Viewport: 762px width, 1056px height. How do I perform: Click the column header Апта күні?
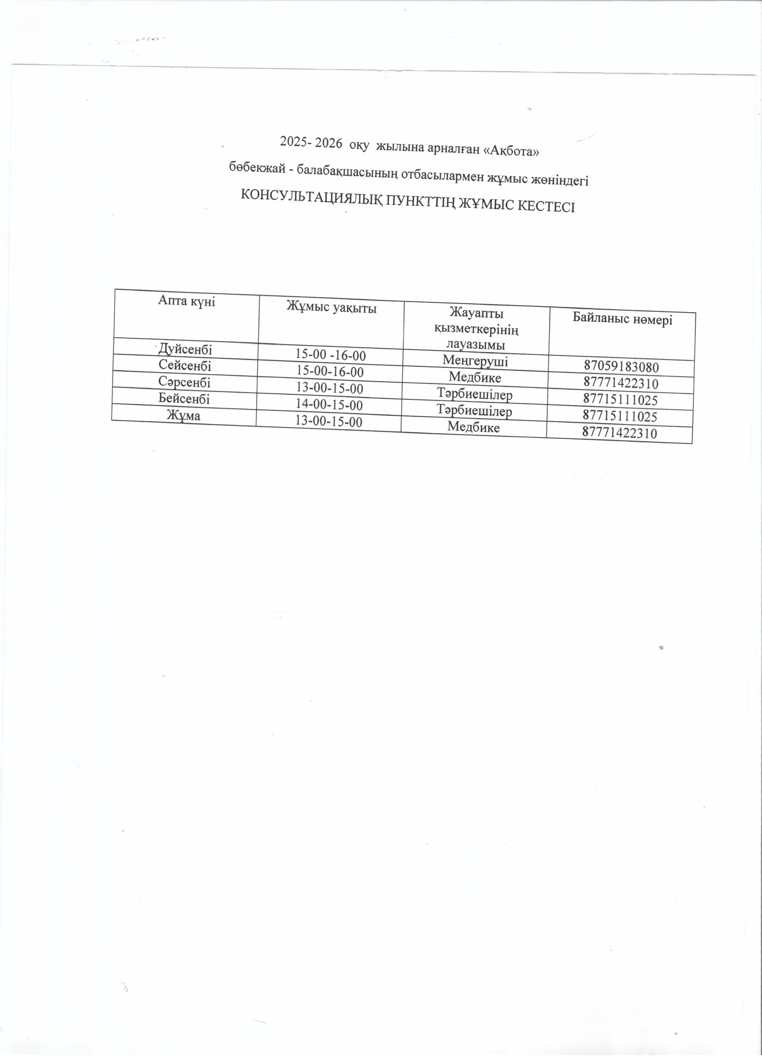(x=186, y=301)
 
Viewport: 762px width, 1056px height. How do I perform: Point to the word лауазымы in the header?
(x=476, y=344)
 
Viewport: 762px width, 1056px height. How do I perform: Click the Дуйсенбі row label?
(x=185, y=348)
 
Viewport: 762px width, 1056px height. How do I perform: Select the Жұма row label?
(x=184, y=415)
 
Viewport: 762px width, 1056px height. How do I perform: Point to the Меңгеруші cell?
(x=475, y=360)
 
